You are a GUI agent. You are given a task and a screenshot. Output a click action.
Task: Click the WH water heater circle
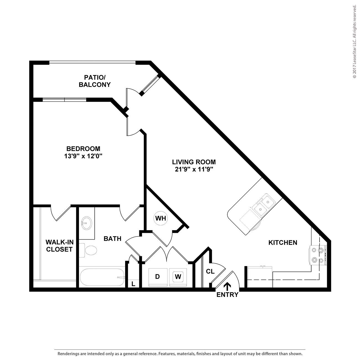161,218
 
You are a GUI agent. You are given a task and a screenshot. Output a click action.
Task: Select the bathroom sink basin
86,223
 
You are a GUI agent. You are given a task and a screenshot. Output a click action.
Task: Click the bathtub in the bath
102,277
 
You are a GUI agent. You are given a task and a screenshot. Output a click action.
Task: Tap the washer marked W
178,277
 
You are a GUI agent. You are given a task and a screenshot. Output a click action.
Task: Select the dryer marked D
158,277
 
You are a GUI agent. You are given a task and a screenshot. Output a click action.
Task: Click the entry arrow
227,287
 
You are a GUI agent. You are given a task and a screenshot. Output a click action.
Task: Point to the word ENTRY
227,295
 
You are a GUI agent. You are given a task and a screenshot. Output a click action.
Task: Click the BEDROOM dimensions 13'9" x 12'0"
83,156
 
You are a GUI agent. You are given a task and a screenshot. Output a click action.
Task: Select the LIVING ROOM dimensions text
194,169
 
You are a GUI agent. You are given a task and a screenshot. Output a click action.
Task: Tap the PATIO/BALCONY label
95,81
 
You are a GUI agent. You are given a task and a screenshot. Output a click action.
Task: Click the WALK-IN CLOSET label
60,246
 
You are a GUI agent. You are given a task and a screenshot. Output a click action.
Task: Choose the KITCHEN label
283,243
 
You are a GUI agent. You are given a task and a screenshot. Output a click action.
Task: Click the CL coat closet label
210,271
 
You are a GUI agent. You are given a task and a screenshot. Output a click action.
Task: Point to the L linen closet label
133,284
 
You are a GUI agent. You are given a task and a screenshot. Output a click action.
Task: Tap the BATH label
112,238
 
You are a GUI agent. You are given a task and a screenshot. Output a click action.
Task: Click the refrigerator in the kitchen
260,277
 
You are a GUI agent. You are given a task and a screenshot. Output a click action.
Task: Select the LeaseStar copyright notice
354,42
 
